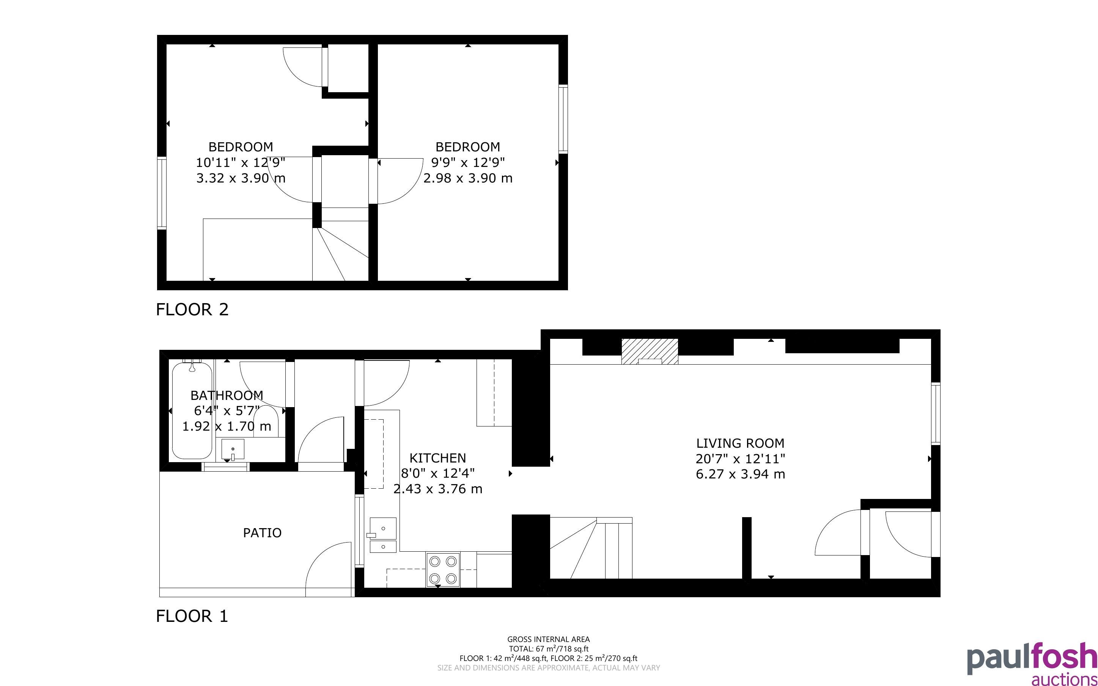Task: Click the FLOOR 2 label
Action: (x=192, y=310)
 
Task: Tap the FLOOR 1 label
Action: (x=192, y=616)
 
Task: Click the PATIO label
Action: (x=262, y=533)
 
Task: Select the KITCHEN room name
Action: (x=438, y=458)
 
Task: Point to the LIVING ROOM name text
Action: (x=740, y=443)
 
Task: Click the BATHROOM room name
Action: (x=227, y=396)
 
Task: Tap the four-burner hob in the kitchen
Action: (x=443, y=570)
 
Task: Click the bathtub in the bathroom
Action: (x=192, y=411)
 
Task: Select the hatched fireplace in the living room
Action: (x=650, y=352)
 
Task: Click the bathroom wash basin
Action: (x=233, y=449)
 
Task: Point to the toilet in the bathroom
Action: (x=266, y=422)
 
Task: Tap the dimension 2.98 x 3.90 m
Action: (x=468, y=178)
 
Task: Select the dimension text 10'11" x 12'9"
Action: (x=241, y=162)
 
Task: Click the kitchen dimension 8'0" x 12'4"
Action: (x=438, y=473)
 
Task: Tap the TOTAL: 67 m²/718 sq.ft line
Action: (x=548, y=649)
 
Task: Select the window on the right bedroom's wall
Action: (x=563, y=119)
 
